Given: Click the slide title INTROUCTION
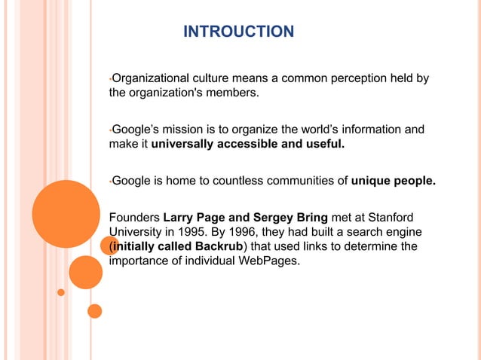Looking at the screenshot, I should (x=239, y=32).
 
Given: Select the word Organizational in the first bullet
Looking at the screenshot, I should (x=146, y=79).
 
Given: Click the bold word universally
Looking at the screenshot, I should (x=182, y=144).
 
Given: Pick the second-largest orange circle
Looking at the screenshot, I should (x=86, y=272).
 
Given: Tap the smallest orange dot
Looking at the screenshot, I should (x=61, y=292).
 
